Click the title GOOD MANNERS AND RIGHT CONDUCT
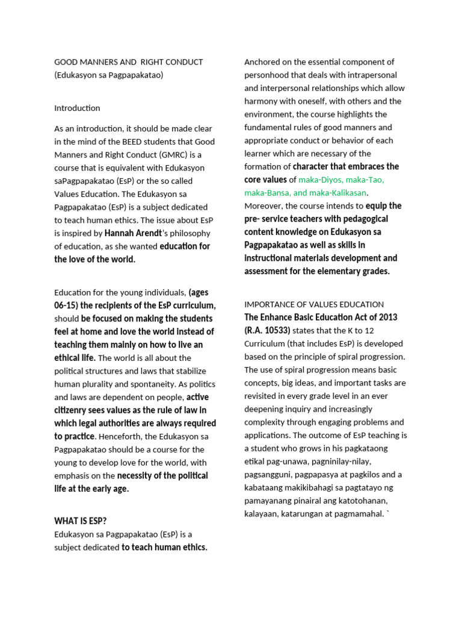click(x=129, y=62)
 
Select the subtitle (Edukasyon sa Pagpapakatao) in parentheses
click(x=109, y=75)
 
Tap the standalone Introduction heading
click(x=77, y=108)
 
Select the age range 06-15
click(x=66, y=305)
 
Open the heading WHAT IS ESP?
click(x=81, y=521)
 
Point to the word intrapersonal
click(x=378, y=75)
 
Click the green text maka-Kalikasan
click(x=334, y=193)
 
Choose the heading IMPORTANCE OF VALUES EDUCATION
click(x=314, y=304)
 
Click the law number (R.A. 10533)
click(x=267, y=330)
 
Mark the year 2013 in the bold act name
click(x=386, y=317)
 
